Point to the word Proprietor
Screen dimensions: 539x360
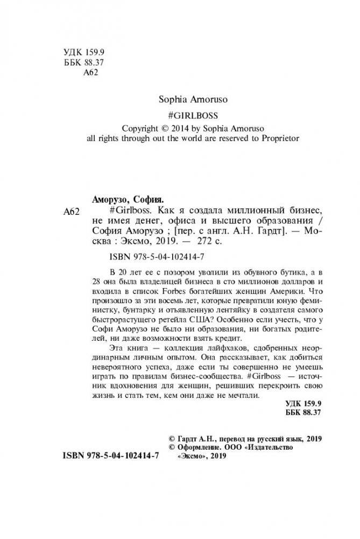point(273,138)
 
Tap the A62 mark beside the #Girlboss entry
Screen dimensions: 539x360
point(71,211)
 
